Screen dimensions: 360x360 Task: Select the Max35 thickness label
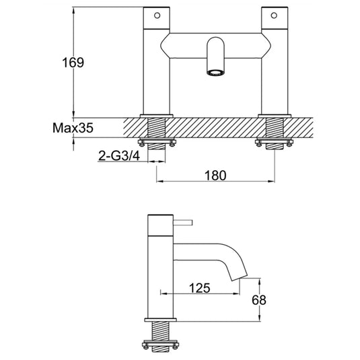[71, 126]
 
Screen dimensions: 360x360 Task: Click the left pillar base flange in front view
[156, 115]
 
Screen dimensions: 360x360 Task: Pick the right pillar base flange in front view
[275, 115]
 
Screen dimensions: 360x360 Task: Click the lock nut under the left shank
[156, 142]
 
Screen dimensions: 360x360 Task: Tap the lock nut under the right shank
[275, 142]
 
